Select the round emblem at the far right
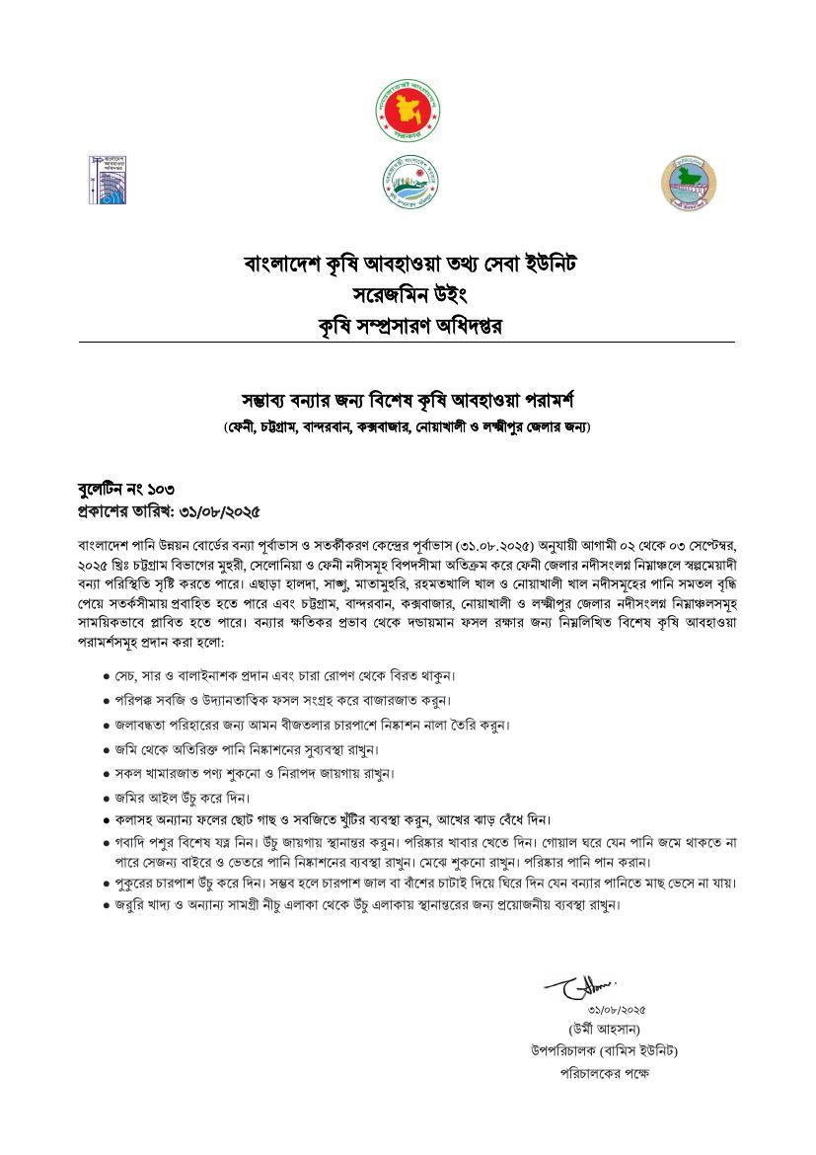[688, 182]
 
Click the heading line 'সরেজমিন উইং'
[408, 295]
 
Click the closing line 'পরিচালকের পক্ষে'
[605, 1073]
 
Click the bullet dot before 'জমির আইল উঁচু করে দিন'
[107, 798]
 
